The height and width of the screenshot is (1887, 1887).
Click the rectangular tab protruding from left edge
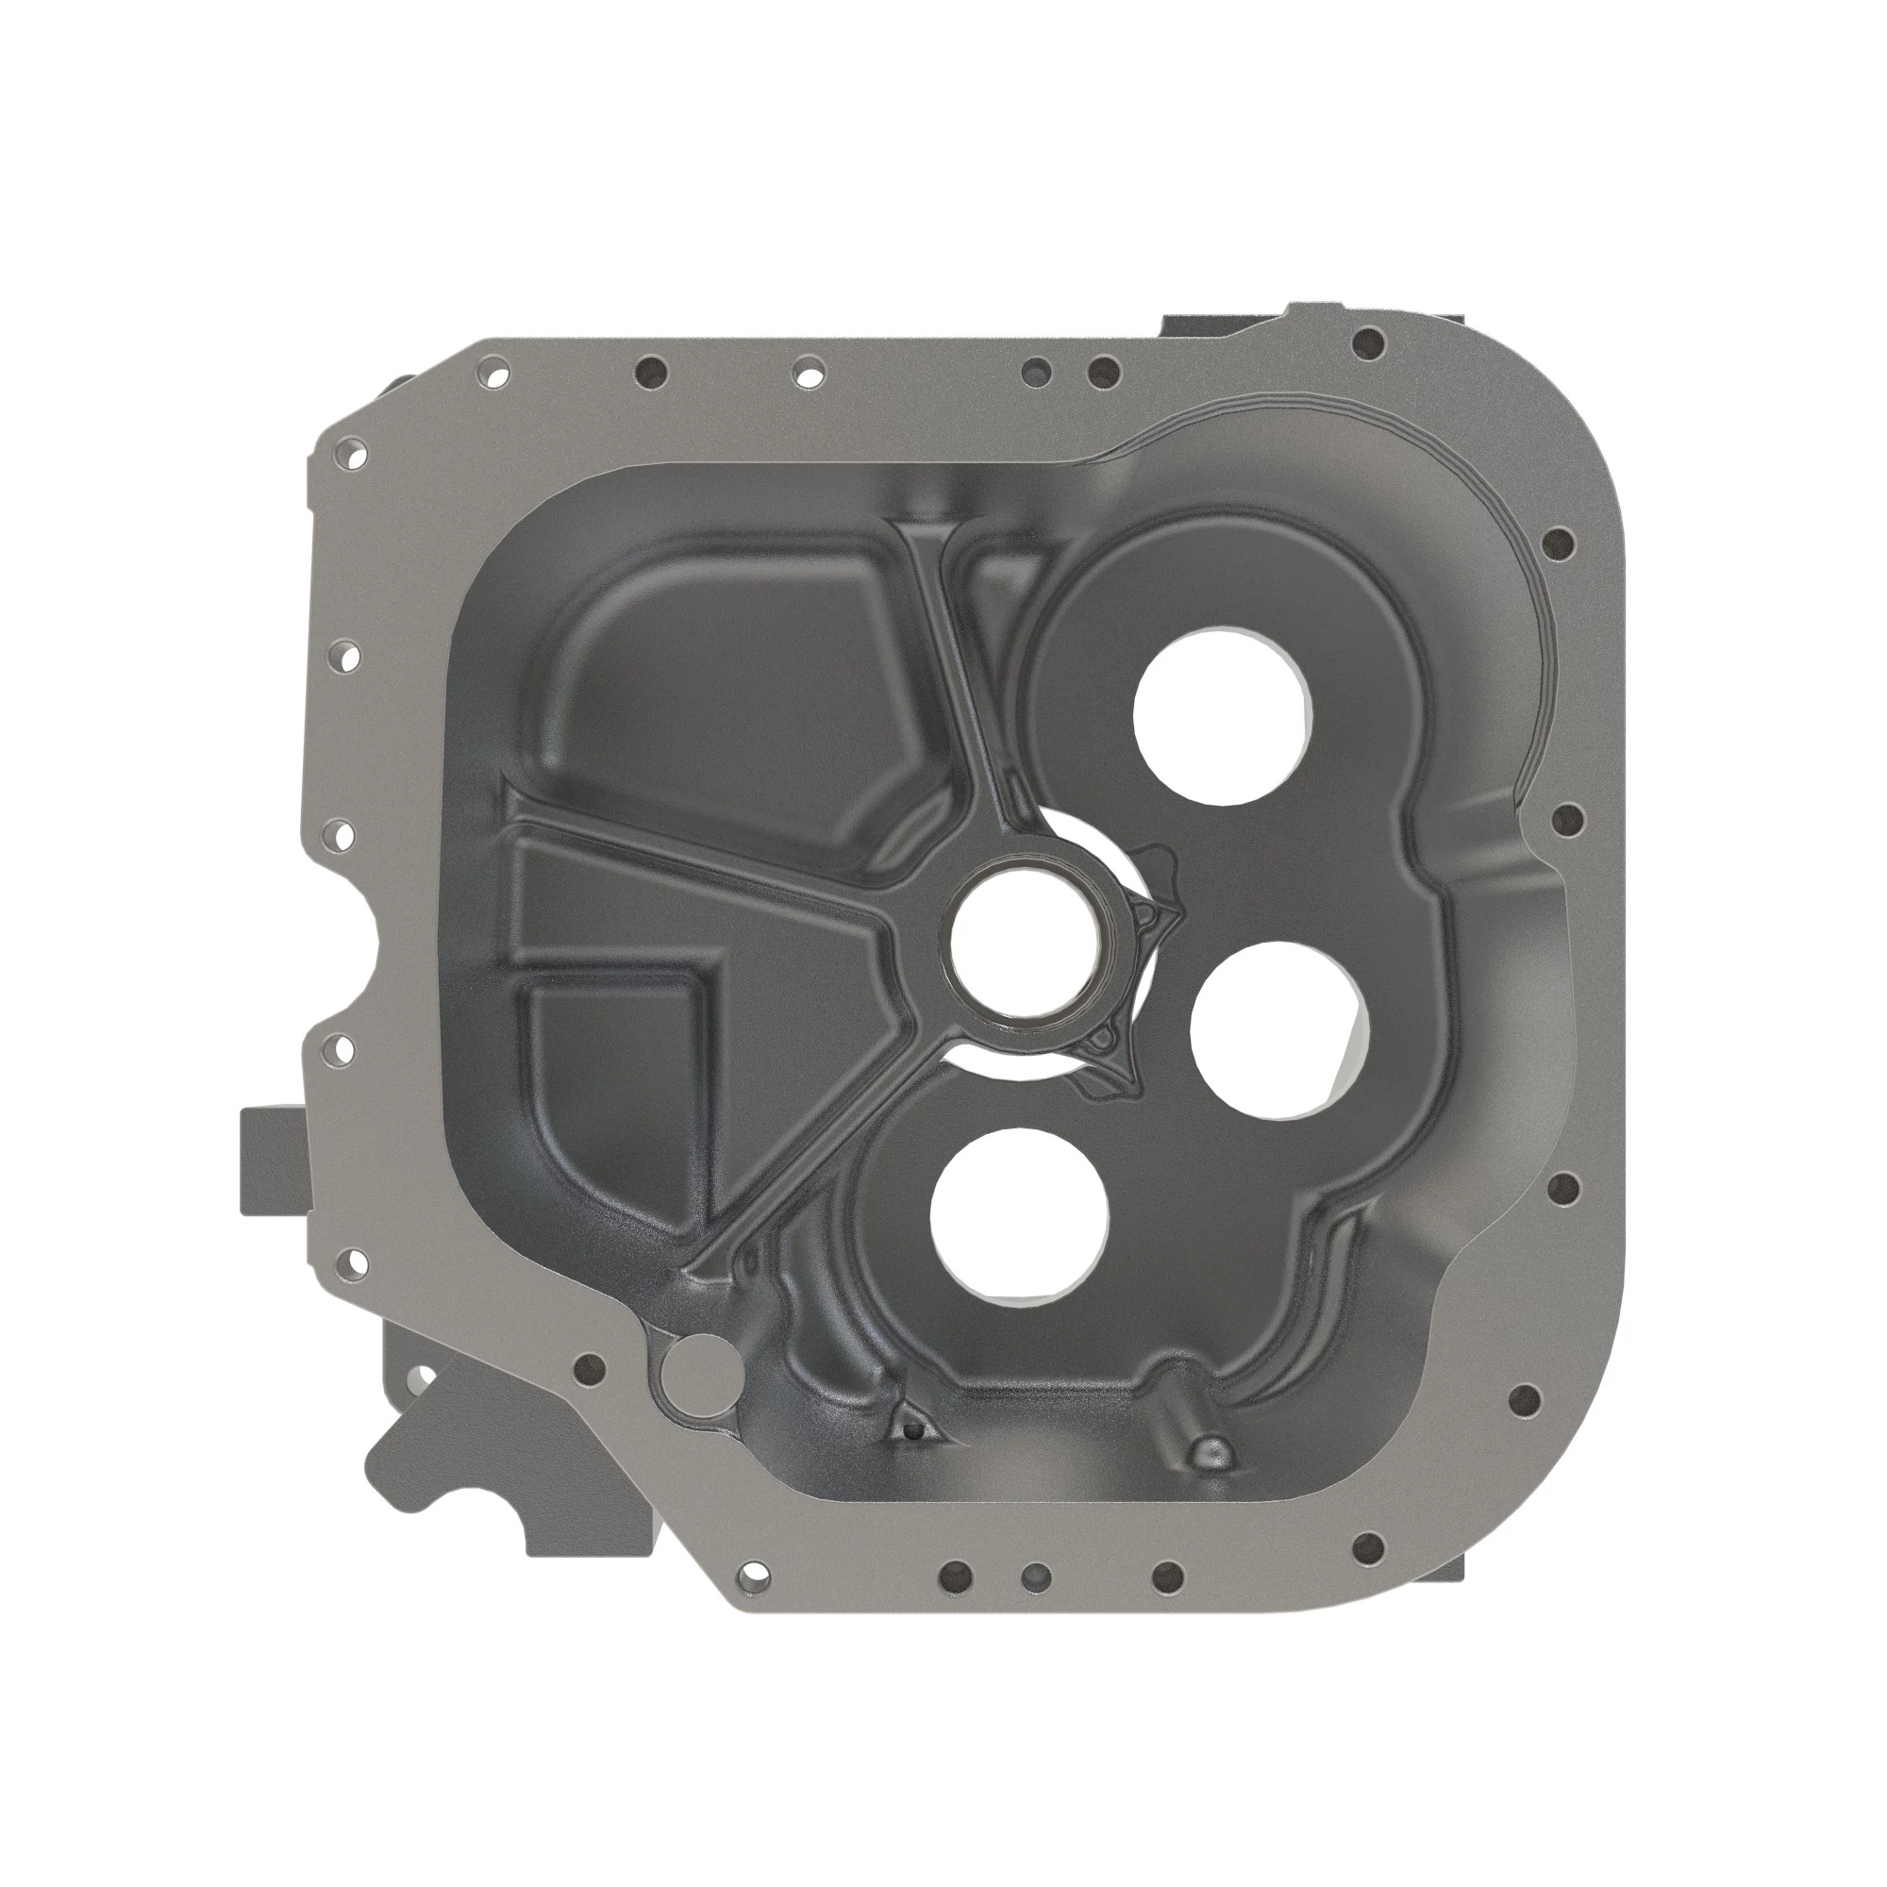point(272,1161)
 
